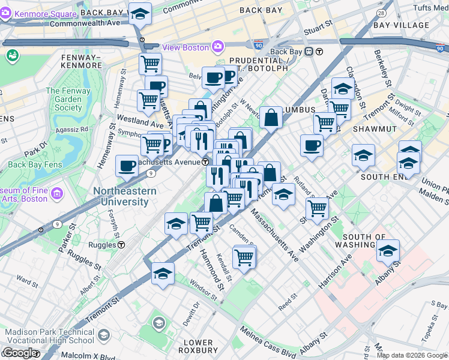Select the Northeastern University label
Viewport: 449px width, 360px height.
(124, 196)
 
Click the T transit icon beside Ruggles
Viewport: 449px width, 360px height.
(121, 245)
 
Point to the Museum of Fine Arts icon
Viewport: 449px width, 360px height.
(58, 193)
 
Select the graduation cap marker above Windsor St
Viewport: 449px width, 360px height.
(163, 274)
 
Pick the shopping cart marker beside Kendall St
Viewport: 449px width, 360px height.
(244, 257)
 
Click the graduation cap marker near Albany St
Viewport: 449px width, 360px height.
(388, 251)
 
